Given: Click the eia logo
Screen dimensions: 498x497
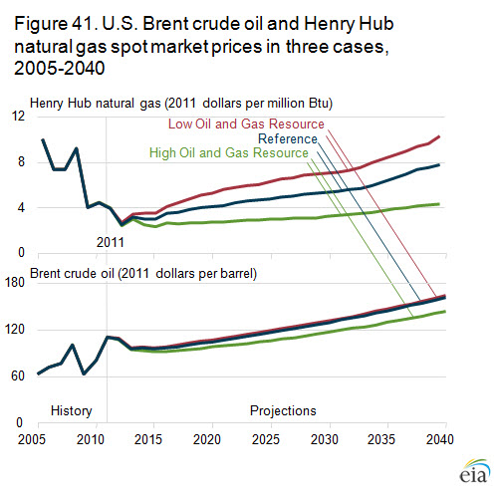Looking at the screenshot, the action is (x=475, y=471).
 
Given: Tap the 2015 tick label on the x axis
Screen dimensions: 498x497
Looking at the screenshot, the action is (x=148, y=439).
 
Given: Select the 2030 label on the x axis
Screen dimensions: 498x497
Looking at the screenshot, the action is (x=325, y=439).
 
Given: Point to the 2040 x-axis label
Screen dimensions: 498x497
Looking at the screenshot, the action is (x=440, y=439).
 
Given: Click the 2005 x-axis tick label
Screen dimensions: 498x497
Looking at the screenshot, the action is (x=32, y=439).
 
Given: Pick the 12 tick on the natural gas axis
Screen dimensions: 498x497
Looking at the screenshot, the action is (x=18, y=116).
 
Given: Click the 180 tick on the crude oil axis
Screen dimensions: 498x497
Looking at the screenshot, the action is (x=15, y=282).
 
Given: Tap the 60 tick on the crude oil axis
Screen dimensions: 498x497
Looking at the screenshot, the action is (x=18, y=375).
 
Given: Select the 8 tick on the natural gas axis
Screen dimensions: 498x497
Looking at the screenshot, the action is (x=21, y=161).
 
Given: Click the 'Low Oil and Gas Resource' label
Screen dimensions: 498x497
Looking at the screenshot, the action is (x=246, y=124).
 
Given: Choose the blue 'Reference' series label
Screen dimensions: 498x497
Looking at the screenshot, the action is (x=288, y=138).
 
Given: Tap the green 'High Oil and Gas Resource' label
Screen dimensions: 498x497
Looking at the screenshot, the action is (x=229, y=152).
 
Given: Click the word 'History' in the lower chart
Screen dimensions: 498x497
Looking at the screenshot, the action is (x=72, y=411).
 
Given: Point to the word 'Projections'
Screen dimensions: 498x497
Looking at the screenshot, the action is (x=283, y=411).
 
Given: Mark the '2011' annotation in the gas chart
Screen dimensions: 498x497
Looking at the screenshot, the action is (x=110, y=242).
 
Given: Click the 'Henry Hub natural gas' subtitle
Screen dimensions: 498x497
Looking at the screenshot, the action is (x=95, y=104).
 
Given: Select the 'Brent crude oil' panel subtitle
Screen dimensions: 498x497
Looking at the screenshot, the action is (x=72, y=274).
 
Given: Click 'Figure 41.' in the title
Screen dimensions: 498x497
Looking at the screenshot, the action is (x=56, y=24).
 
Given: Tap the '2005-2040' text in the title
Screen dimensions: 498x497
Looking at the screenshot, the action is (x=60, y=68).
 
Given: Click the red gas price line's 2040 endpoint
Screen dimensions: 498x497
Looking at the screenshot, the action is (x=439, y=136).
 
